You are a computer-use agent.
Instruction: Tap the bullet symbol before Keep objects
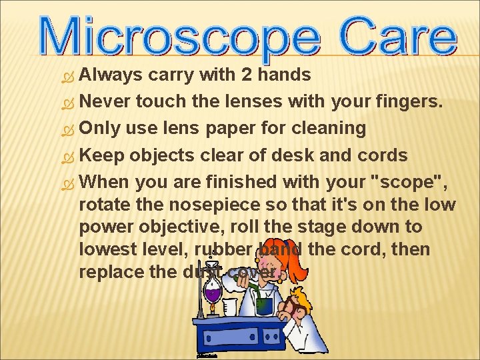pyautogui.click(x=65, y=156)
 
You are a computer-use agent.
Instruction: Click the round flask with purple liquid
pyautogui.click(x=213, y=291)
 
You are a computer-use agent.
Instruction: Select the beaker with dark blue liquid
pyautogui.click(x=264, y=303)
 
